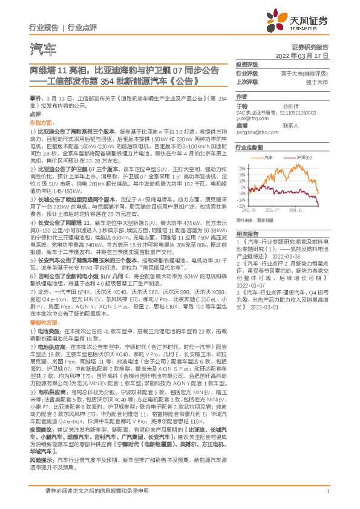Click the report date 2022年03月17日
[306, 55]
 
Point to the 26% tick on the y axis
[242, 167]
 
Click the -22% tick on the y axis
[241, 205]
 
